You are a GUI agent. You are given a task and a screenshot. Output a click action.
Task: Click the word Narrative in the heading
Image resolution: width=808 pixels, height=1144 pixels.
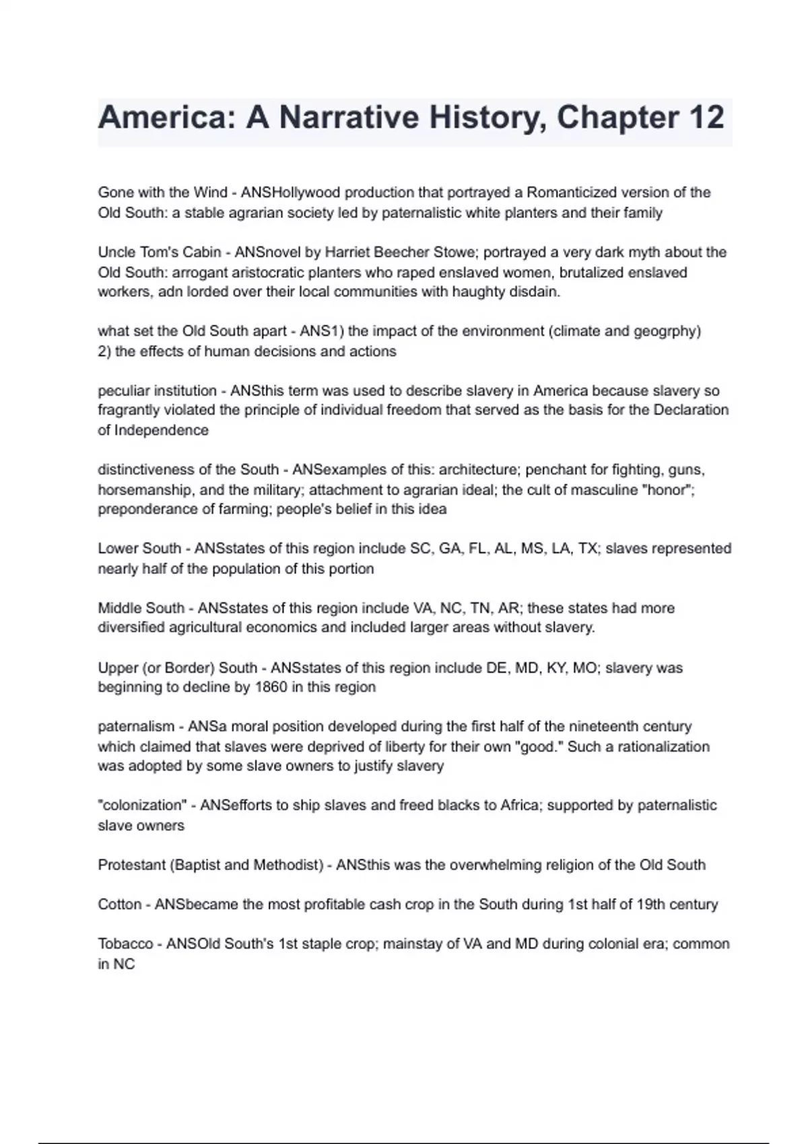348,118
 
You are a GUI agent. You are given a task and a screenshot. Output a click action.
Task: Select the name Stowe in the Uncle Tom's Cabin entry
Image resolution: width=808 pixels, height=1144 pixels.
455,252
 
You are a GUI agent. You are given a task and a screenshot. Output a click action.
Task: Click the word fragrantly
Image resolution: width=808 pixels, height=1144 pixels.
127,410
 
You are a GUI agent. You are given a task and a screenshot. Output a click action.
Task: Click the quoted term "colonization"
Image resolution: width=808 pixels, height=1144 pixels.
142,806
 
